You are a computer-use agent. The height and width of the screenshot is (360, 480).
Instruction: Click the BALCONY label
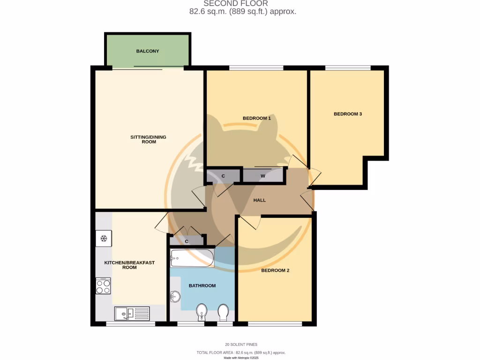click(x=148, y=51)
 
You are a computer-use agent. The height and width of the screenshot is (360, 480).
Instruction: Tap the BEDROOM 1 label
click(x=256, y=118)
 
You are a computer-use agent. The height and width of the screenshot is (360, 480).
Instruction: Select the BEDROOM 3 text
click(x=347, y=114)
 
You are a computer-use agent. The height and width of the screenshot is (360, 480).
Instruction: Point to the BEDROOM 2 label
click(x=275, y=270)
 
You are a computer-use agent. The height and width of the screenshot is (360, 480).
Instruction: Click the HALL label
click(x=259, y=200)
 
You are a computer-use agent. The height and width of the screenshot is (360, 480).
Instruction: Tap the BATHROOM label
click(x=202, y=285)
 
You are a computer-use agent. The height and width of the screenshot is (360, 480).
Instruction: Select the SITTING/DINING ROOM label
click(x=148, y=139)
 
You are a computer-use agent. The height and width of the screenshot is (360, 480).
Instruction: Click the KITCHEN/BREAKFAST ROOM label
click(x=129, y=265)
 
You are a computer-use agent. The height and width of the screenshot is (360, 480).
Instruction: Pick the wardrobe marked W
click(x=263, y=176)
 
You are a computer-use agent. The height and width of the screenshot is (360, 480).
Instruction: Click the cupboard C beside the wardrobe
click(x=223, y=176)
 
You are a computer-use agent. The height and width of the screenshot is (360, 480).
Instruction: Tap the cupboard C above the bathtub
click(x=187, y=241)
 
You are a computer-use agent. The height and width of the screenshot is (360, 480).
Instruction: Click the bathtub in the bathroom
click(x=192, y=258)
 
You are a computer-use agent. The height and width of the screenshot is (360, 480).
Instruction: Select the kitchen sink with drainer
click(x=132, y=313)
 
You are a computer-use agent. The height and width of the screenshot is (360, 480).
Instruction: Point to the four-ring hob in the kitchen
click(x=103, y=285)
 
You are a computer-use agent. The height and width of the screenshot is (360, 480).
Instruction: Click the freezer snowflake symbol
click(x=104, y=239)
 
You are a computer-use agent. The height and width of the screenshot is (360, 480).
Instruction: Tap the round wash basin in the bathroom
click(x=175, y=297)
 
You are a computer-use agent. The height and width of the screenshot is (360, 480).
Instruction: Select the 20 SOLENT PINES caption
click(x=241, y=345)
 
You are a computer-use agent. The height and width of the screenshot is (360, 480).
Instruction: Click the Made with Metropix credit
click(x=241, y=358)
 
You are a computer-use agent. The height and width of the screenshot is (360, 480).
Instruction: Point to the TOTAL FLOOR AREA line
click(x=241, y=352)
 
